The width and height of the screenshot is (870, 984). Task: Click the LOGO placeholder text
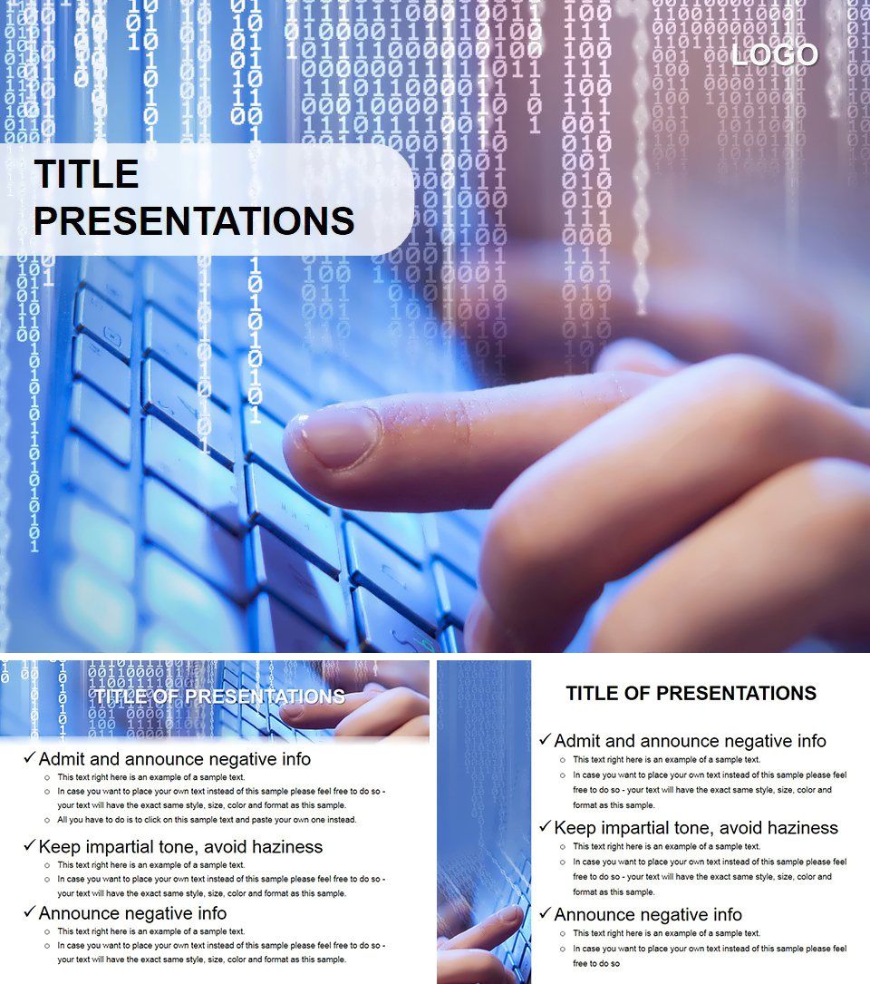[775, 55]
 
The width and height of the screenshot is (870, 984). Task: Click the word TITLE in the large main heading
[86, 174]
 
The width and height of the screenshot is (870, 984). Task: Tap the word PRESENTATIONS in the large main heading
[194, 221]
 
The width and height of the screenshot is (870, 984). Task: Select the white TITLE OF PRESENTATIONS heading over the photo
[219, 697]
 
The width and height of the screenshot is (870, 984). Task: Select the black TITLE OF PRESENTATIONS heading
[691, 694]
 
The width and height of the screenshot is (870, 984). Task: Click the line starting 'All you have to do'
[207, 820]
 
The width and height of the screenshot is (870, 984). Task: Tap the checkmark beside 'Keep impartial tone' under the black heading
[545, 827]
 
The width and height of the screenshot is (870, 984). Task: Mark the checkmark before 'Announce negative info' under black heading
[545, 914]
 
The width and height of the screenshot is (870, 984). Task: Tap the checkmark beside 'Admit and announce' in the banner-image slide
[30, 758]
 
